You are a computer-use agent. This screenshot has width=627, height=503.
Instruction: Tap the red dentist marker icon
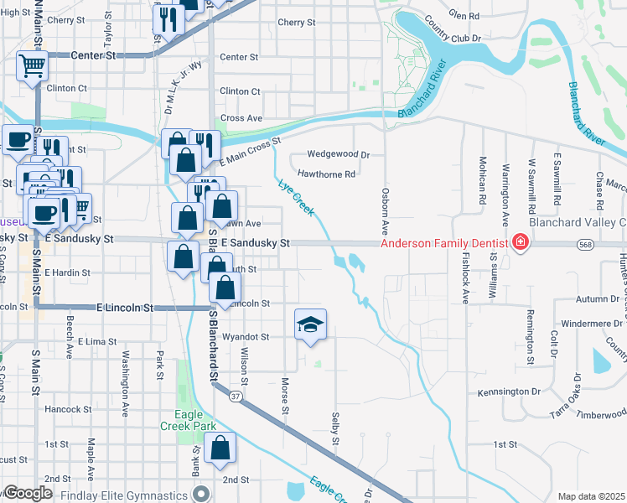(x=521, y=243)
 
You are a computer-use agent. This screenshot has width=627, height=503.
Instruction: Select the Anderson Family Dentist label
(x=444, y=244)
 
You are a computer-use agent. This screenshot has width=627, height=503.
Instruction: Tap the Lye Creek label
(x=296, y=198)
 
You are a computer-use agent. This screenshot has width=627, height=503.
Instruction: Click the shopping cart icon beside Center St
(x=31, y=65)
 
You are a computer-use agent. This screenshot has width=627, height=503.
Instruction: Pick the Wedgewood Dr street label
(x=339, y=154)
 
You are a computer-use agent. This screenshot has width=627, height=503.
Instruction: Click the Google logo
(x=28, y=493)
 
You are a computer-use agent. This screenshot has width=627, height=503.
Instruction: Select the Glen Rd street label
(x=464, y=15)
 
